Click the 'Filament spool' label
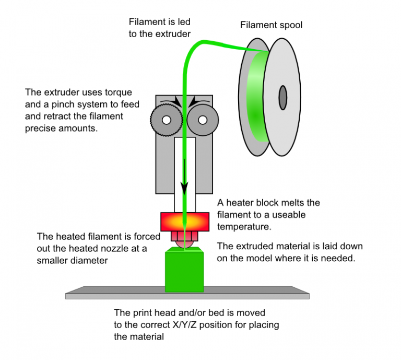(x=271, y=25)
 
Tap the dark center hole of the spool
(x=283, y=96)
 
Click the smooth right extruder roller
(x=202, y=120)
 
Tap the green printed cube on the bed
(x=184, y=272)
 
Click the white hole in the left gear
(x=166, y=120)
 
